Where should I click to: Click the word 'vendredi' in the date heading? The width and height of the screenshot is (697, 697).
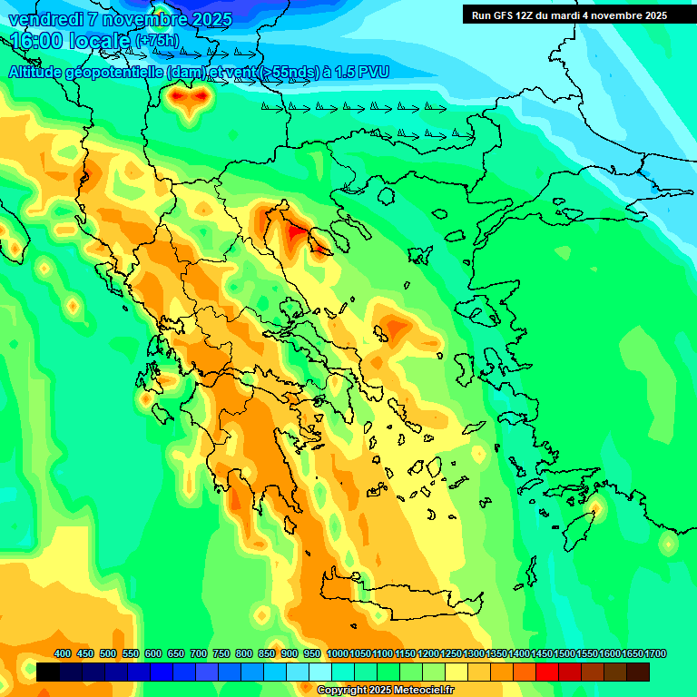(x=43, y=19)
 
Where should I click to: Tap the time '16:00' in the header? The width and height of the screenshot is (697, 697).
(x=35, y=41)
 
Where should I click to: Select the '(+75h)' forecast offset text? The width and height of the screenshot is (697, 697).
(x=156, y=42)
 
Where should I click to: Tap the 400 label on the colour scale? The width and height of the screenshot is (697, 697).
(x=63, y=653)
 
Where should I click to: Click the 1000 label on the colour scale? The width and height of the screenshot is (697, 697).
(x=337, y=653)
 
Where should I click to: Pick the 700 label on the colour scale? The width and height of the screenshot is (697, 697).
(x=199, y=653)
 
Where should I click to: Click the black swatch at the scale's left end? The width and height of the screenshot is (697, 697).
(x=48, y=672)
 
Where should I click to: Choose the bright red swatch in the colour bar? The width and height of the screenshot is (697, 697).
(x=547, y=672)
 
